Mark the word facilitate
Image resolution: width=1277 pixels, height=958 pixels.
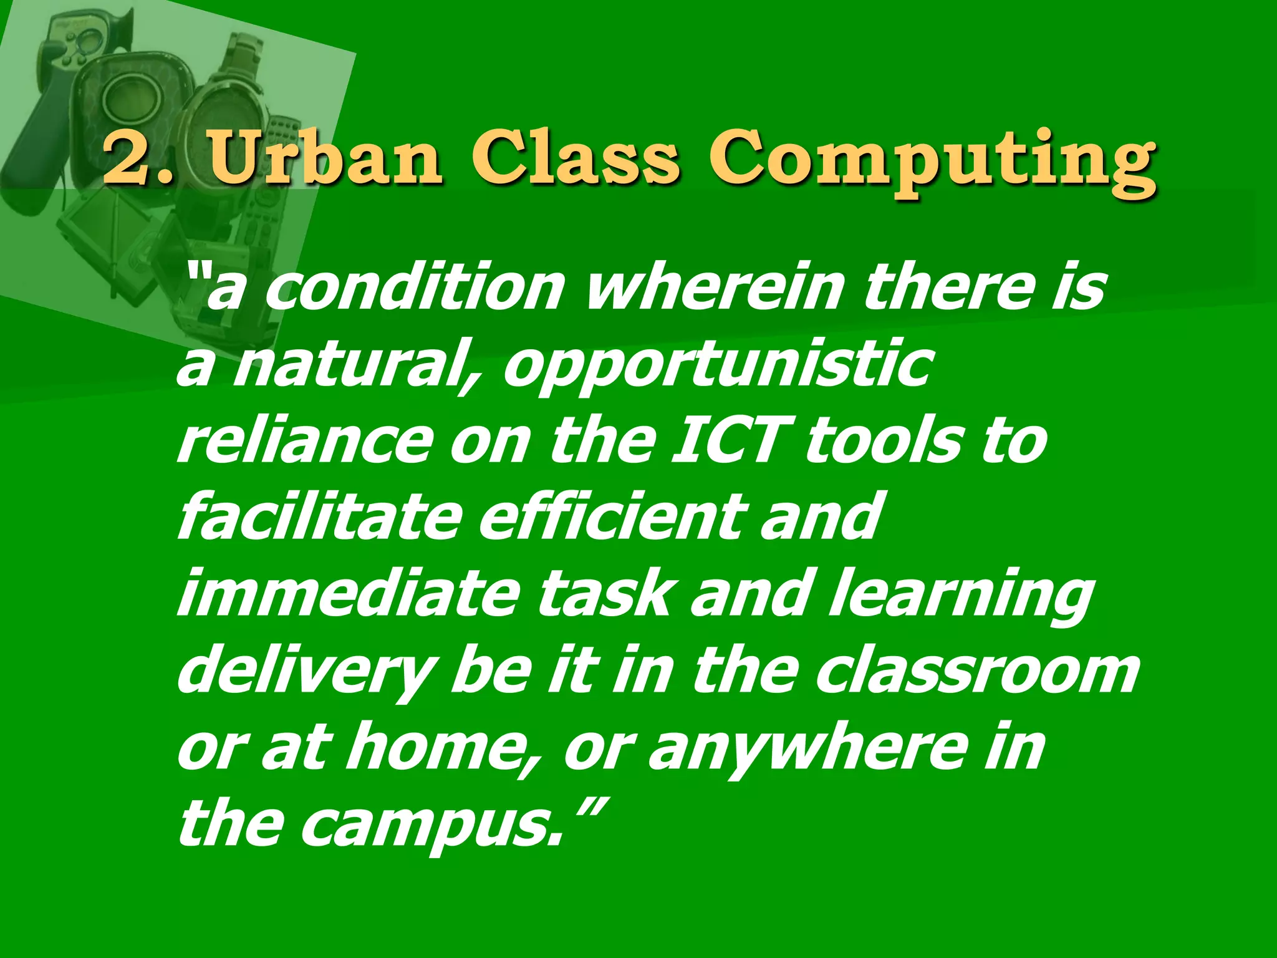(318, 518)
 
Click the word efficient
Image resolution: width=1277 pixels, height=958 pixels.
(612, 518)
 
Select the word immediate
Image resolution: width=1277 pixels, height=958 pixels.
(347, 594)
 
